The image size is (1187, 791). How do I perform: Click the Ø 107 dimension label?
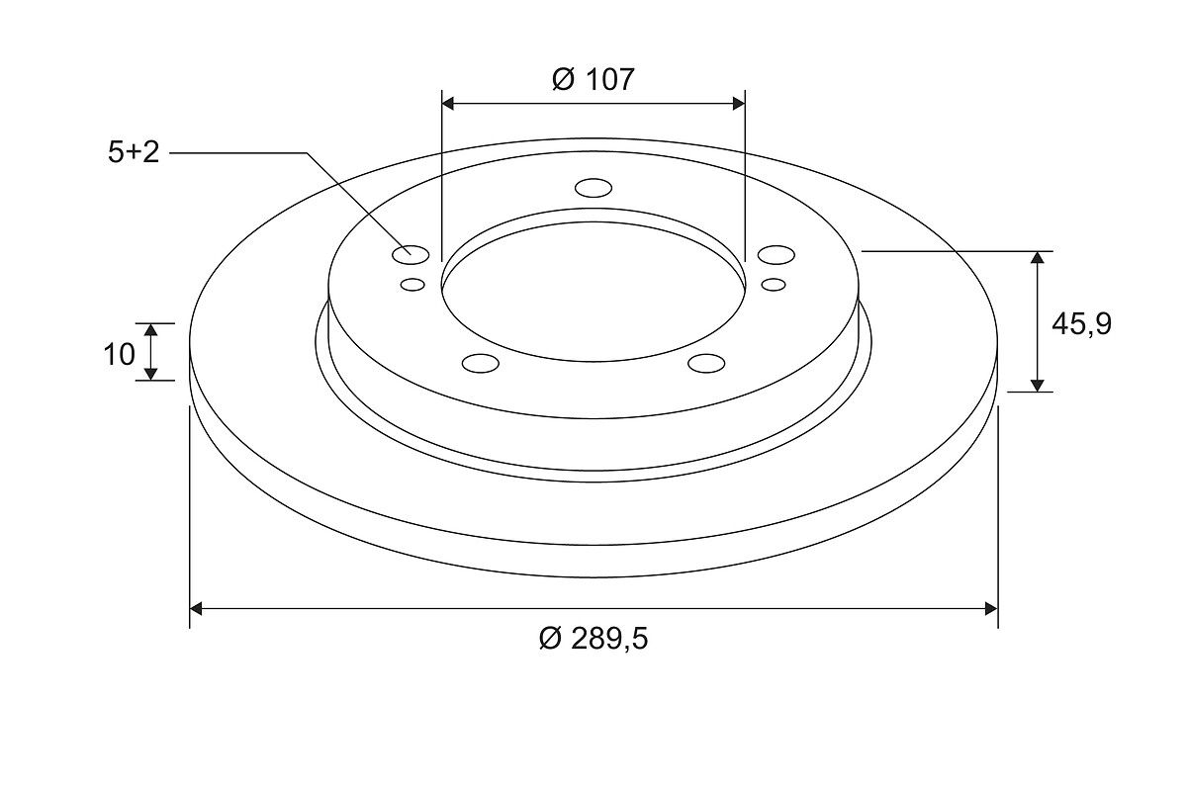pos(593,80)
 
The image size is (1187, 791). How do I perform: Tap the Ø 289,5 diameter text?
pos(593,639)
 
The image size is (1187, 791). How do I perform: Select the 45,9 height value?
pos(1081,324)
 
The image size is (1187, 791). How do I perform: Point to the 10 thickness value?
pos(120,354)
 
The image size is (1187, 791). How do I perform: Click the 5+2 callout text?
pos(134,152)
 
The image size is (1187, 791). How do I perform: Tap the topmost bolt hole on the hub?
pos(593,188)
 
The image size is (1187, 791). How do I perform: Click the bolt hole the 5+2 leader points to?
pos(411,255)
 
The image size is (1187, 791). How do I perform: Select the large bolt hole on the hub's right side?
pos(776,255)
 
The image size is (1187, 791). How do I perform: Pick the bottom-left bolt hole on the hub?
pos(481,364)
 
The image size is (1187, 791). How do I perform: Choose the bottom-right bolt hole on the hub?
pos(706,364)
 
